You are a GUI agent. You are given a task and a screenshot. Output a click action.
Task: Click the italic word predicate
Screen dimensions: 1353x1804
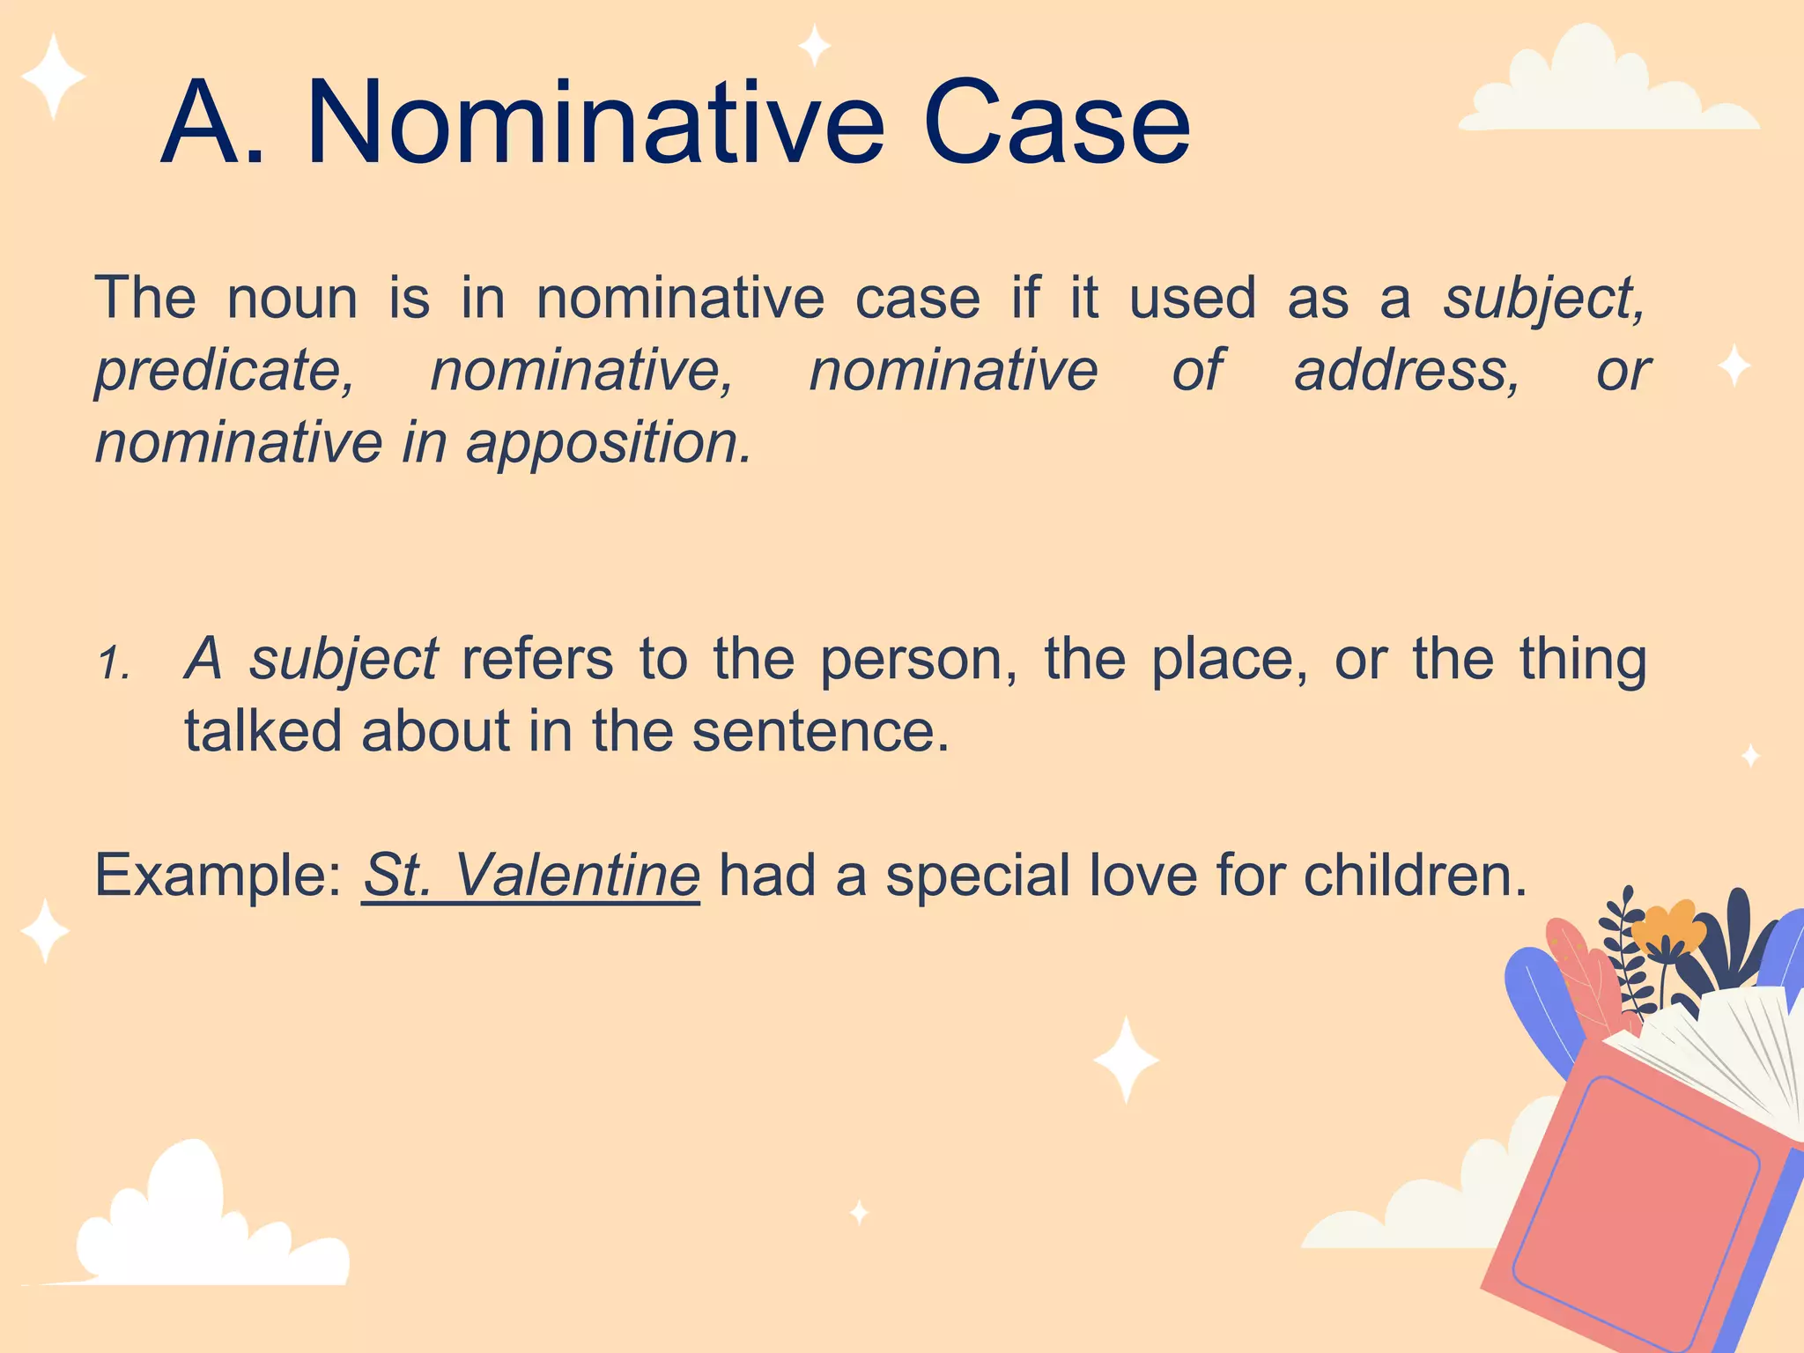point(225,372)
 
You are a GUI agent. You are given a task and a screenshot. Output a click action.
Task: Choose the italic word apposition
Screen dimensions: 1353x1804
point(609,444)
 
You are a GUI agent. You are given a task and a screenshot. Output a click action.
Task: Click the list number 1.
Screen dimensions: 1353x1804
point(113,662)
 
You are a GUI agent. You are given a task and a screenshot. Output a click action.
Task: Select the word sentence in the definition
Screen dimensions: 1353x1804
point(820,731)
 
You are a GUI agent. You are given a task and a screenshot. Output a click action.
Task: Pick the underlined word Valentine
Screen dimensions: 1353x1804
point(577,876)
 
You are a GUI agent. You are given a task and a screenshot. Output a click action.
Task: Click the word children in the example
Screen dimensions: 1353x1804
point(1415,876)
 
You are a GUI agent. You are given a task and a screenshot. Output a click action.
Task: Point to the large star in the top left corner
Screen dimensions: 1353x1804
point(53,77)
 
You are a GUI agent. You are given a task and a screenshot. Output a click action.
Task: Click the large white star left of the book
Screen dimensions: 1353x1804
point(1126,1059)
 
